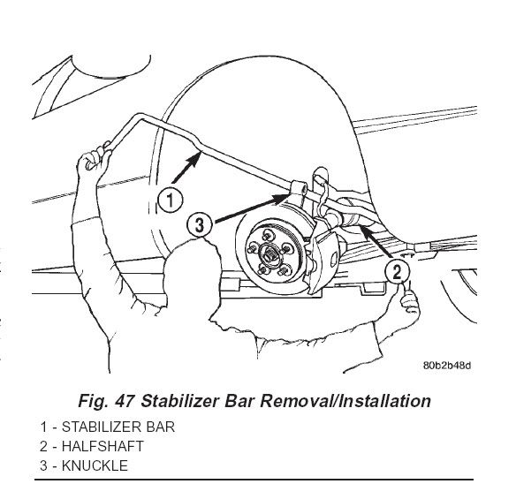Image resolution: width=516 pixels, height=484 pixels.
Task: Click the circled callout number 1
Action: [170, 200]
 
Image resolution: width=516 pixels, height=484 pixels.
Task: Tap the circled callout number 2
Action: [398, 272]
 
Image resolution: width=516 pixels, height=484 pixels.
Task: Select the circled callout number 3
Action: [200, 225]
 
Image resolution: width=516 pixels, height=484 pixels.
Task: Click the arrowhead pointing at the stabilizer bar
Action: [194, 159]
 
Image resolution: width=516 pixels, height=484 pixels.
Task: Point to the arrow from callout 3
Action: [252, 208]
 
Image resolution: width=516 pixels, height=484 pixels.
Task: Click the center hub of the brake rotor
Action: [269, 253]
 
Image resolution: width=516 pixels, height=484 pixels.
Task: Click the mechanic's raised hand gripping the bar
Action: [94, 162]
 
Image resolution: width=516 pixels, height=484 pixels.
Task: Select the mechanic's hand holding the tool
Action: [410, 301]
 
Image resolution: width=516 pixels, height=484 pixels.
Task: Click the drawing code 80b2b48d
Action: [447, 366]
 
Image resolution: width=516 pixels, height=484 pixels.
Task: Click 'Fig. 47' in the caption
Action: [106, 401]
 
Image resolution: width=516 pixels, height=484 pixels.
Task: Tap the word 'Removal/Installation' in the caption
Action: [345, 401]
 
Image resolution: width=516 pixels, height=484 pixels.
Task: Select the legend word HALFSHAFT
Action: [102, 447]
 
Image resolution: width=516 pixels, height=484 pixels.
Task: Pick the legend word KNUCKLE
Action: [95, 466]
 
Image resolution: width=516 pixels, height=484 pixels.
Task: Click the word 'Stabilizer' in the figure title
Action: [180, 401]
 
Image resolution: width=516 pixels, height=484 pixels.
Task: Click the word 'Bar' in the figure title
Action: [239, 401]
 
